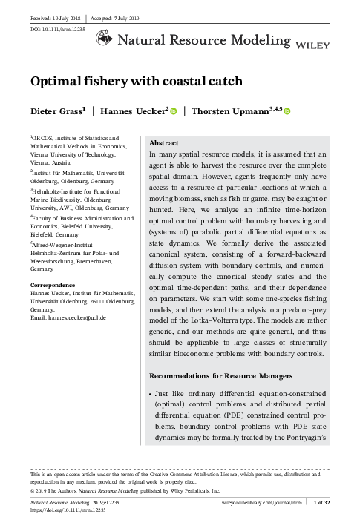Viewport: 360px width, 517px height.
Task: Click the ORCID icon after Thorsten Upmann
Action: pos(287,112)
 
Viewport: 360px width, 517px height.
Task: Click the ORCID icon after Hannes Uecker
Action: pos(174,112)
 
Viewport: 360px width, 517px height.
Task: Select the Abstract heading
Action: pos(164,142)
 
